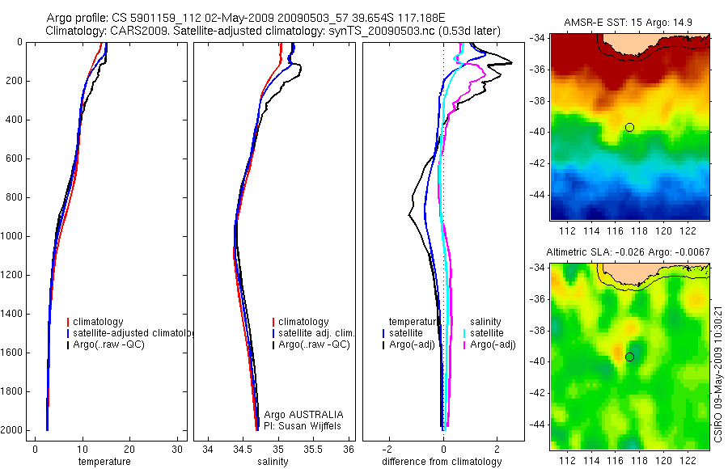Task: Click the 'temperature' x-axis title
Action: click(x=104, y=462)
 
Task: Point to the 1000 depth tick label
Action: click(x=11, y=236)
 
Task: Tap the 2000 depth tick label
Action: click(x=11, y=430)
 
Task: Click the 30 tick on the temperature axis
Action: click(x=177, y=449)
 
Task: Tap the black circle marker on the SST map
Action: click(x=629, y=127)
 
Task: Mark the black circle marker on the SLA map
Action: click(x=629, y=357)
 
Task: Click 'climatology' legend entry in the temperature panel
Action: click(x=99, y=322)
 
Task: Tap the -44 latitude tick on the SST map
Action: click(x=537, y=195)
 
